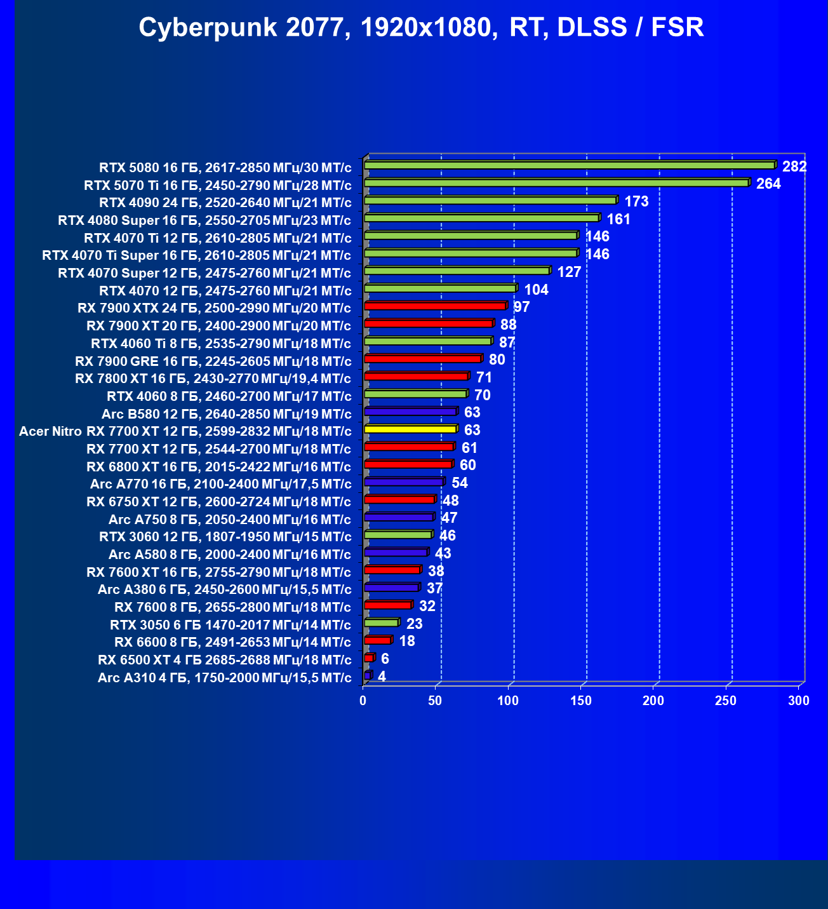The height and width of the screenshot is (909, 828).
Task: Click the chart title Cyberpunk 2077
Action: [x=421, y=28]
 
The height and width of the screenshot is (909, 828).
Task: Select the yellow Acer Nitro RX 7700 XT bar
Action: [x=410, y=429]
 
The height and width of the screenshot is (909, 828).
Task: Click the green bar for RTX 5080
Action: [x=570, y=165]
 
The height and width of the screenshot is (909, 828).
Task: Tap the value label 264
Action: [x=768, y=184]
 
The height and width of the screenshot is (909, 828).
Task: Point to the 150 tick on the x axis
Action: [x=581, y=701]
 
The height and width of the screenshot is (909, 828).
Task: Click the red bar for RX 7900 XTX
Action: [x=435, y=306]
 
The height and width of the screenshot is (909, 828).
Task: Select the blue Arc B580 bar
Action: [x=410, y=412]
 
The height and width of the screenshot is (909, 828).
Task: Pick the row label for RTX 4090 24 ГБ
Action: [x=225, y=203]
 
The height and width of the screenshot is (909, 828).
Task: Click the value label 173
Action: [x=636, y=201]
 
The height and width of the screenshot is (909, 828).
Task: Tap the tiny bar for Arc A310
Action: [x=367, y=675]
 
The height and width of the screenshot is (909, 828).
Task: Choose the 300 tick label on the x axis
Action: [x=799, y=701]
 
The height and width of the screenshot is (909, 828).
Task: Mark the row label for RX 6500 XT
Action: [x=224, y=659]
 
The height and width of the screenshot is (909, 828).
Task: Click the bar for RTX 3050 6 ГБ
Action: [x=381, y=623]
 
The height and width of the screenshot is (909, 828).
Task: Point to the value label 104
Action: [x=536, y=290]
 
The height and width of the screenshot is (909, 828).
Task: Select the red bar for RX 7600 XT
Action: [x=392, y=570]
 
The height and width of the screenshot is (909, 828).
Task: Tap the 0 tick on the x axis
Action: [x=363, y=701]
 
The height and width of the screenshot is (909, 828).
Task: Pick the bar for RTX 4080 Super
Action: [x=481, y=218]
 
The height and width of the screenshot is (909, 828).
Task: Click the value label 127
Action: [x=569, y=272]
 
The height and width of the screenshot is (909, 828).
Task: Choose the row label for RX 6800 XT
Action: [x=218, y=466]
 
